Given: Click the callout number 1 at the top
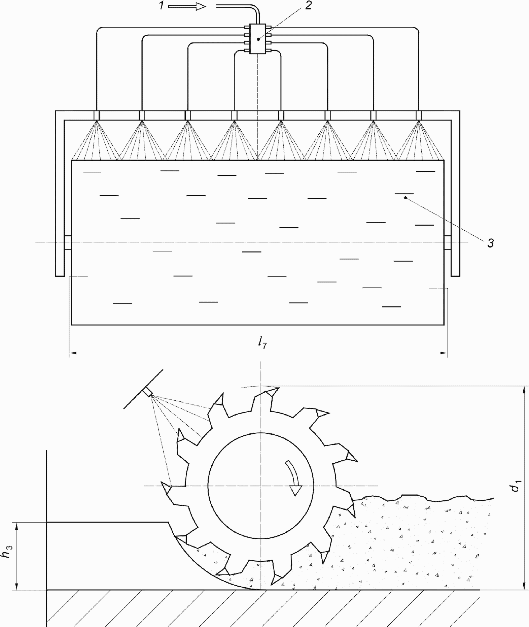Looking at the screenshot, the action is (162, 6).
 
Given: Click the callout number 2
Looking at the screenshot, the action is (309, 6).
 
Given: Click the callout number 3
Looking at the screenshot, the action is (491, 243).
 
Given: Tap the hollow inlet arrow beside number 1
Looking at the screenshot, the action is (187, 6).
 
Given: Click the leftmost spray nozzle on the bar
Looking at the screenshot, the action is (97, 115).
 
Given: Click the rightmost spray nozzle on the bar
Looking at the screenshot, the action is (419, 115).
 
